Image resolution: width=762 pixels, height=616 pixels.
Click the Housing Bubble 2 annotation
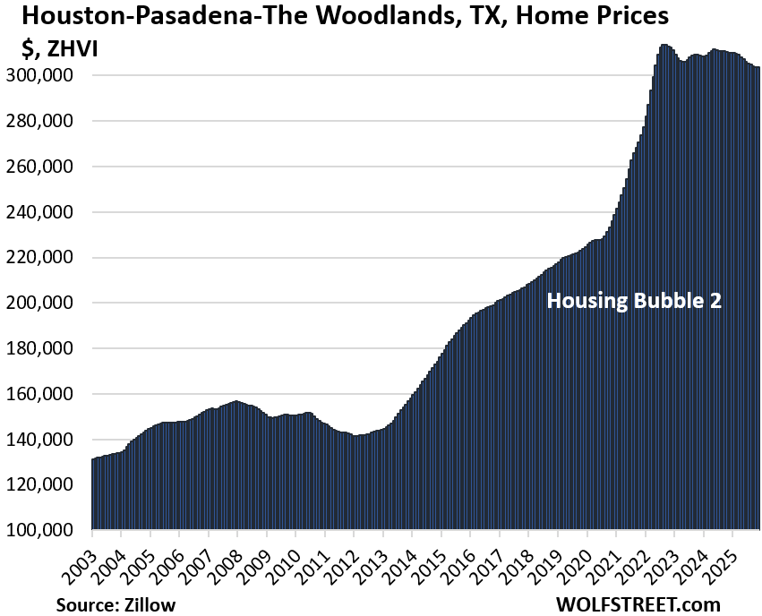(634, 301)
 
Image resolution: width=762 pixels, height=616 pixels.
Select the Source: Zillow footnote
(116, 604)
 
